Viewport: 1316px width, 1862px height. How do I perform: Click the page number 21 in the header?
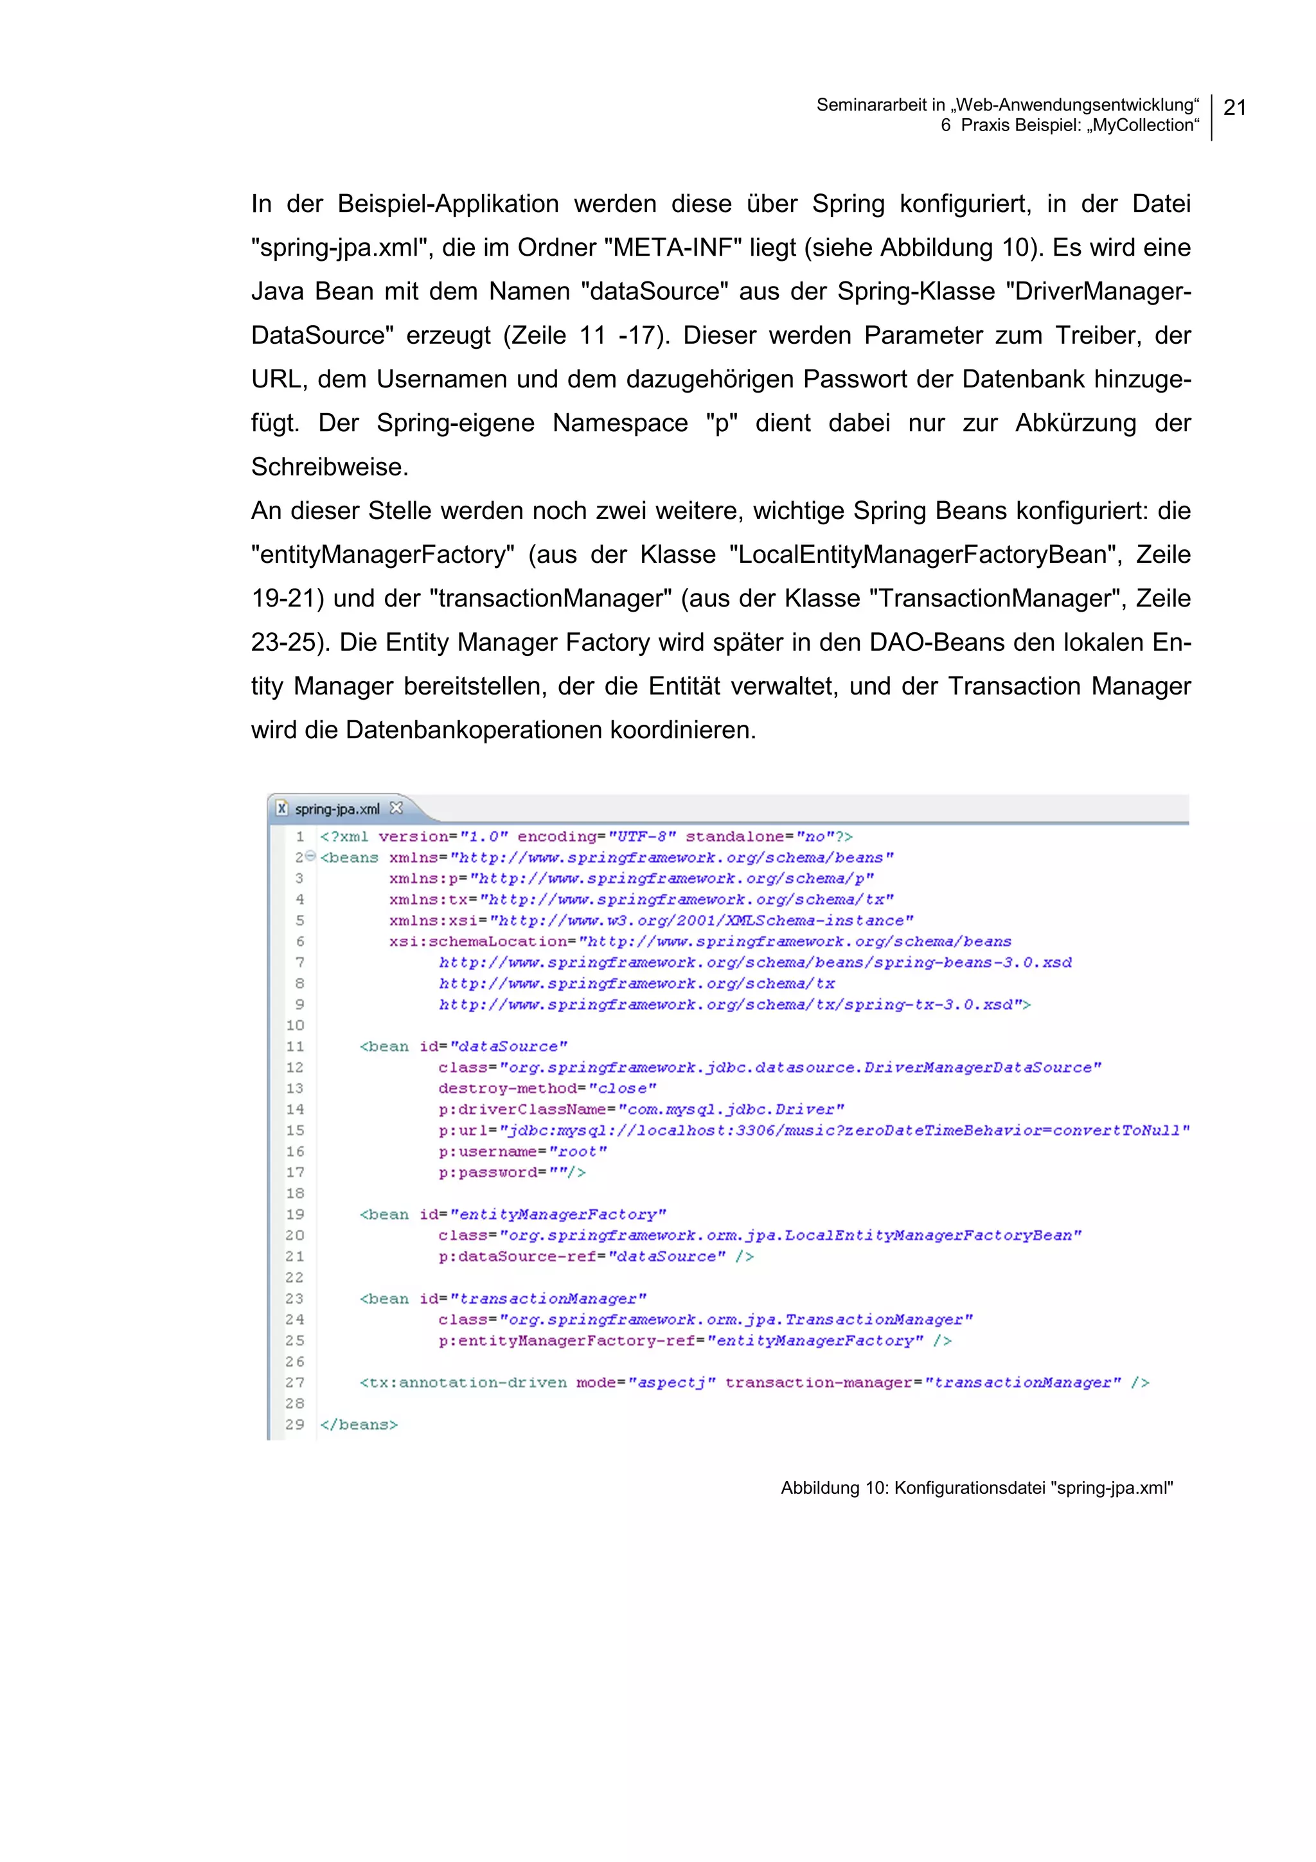pyautogui.click(x=1234, y=107)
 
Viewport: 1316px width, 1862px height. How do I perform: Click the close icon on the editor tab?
pyautogui.click(x=396, y=808)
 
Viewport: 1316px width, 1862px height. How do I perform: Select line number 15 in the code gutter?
pyautogui.click(x=294, y=1131)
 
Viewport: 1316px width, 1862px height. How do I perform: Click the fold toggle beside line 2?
pyautogui.click(x=310, y=857)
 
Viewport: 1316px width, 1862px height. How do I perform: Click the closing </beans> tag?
pyautogui.click(x=359, y=1425)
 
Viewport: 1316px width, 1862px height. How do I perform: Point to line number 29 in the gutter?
pyautogui.click(x=294, y=1425)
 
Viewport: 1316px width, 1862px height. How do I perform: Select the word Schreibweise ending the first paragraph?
pyautogui.click(x=329, y=467)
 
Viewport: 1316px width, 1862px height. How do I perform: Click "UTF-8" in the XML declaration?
pyautogui.click(x=641, y=836)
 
